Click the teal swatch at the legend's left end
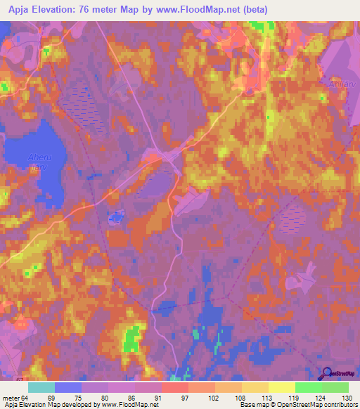[x=41, y=387]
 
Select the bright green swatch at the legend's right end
[x=335, y=387]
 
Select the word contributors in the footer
[x=339, y=405]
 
